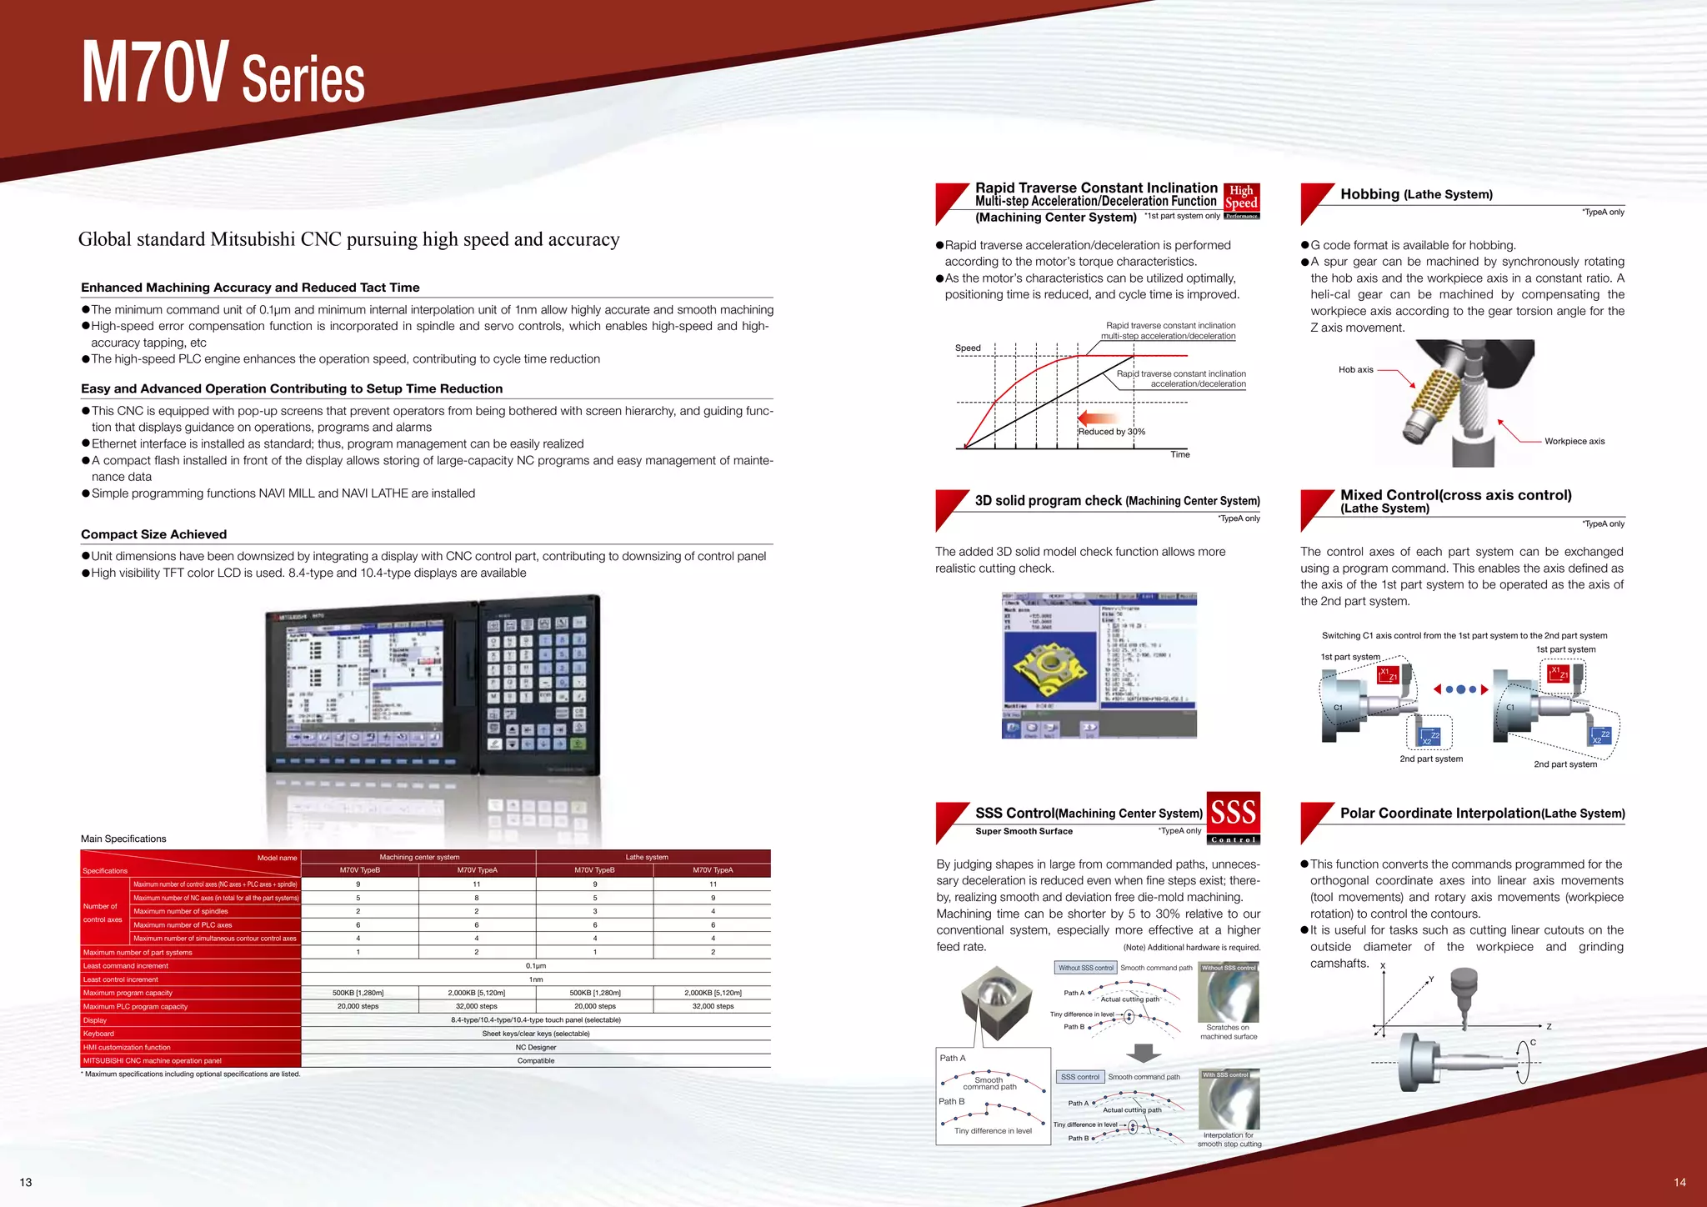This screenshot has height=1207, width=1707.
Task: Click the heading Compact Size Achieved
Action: point(153,534)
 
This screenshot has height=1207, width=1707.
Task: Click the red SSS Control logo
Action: point(1233,817)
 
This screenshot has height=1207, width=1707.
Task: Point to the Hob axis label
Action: point(1355,369)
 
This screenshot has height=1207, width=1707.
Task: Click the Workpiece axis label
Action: point(1574,441)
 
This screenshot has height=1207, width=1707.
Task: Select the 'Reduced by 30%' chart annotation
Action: point(1111,431)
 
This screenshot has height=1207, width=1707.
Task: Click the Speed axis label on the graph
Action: point(968,348)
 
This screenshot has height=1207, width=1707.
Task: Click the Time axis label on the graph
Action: point(1179,454)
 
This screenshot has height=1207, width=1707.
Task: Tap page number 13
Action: point(26,1182)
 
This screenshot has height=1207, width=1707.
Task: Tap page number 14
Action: point(1679,1182)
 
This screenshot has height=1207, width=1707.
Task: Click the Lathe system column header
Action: point(647,857)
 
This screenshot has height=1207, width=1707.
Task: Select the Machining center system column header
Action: point(419,857)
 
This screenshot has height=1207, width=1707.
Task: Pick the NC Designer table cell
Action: point(535,1047)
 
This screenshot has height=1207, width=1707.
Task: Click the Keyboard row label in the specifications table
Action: point(98,1034)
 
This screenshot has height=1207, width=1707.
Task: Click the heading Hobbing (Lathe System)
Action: point(1416,194)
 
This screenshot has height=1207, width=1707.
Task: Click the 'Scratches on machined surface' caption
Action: point(1228,1032)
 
